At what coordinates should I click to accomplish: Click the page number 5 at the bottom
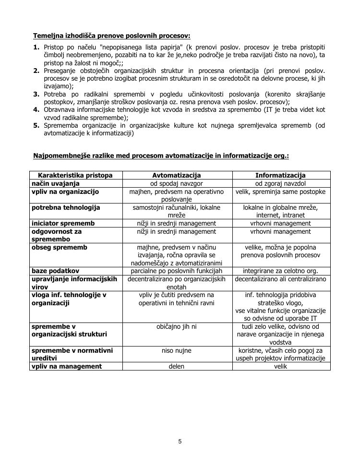pos(180,442)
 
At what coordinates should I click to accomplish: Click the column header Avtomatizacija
pos(177,175)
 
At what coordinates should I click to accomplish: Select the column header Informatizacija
pos(281,175)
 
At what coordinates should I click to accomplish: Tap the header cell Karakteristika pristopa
pos(75,175)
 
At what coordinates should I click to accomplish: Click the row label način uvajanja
pos(56,183)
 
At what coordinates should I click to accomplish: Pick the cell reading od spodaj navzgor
pos(177,183)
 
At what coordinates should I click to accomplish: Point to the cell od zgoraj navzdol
pos(281,183)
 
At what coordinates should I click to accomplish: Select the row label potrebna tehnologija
pos(66,207)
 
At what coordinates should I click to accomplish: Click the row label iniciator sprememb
pos(63,223)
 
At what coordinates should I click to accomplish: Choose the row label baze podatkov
pos(55,271)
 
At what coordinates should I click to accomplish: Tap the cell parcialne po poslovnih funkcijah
pos(177,271)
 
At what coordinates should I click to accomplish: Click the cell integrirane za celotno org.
pos(281,271)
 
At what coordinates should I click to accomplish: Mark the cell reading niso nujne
pos(177,350)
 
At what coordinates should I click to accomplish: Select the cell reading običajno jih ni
pos(177,326)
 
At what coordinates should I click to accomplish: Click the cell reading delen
pos(177,366)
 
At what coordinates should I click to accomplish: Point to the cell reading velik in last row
pos(281,366)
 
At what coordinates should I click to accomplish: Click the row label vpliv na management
pos(67,366)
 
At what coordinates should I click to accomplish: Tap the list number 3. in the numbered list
pos(36,94)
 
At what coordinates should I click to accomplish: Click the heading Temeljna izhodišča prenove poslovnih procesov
pos(111,36)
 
